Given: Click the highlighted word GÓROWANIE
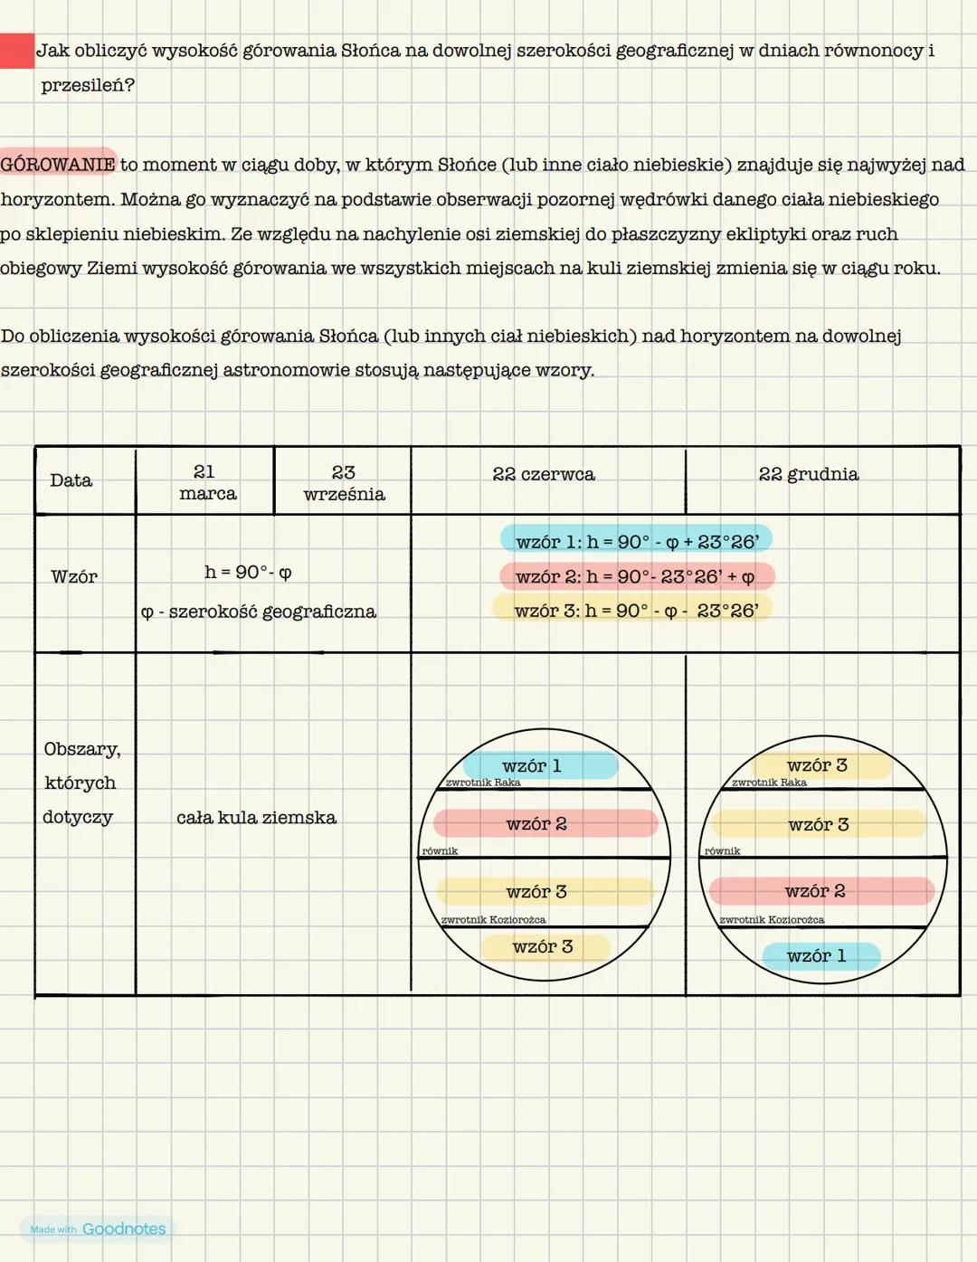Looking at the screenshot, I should coord(58,164).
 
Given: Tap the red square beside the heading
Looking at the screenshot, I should coord(16,51).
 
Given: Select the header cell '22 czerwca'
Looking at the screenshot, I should coord(544,474).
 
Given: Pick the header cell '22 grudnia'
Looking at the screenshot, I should coord(809,474).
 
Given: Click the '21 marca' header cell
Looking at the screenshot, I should coord(206,482).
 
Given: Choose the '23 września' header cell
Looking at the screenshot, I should coord(344,483).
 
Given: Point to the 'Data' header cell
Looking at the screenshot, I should coord(71,480).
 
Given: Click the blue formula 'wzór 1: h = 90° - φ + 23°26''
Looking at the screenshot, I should coord(636,541).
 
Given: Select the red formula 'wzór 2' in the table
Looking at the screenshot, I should coord(636,576).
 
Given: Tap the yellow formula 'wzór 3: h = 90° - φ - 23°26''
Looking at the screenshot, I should coord(636,611).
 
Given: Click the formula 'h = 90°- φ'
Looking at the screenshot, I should coord(248,572).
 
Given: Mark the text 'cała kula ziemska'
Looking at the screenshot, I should coord(256,818).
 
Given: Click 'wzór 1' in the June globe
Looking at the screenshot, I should coord(532,765).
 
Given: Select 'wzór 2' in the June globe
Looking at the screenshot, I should coord(536,823).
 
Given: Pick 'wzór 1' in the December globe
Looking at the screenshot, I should coord(816,955).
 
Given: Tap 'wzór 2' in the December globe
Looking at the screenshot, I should coord(815,891).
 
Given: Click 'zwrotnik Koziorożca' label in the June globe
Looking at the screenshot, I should coord(493,920).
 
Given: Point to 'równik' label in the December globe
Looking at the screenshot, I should coord(722,851).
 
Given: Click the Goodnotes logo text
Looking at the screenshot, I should coord(124,1229).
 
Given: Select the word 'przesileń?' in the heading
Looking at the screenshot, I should coord(87,85).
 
